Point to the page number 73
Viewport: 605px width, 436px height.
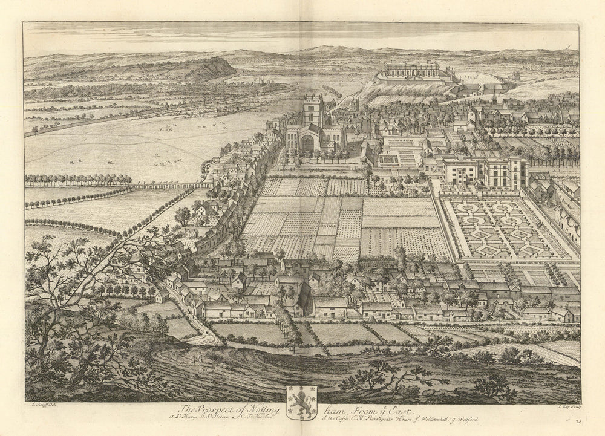click(x=579, y=420)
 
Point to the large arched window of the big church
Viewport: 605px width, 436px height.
click(x=307, y=144)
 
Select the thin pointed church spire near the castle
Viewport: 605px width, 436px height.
click(x=494, y=97)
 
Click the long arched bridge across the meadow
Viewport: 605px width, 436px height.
click(x=172, y=186)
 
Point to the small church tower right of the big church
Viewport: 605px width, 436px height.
click(x=354, y=106)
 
